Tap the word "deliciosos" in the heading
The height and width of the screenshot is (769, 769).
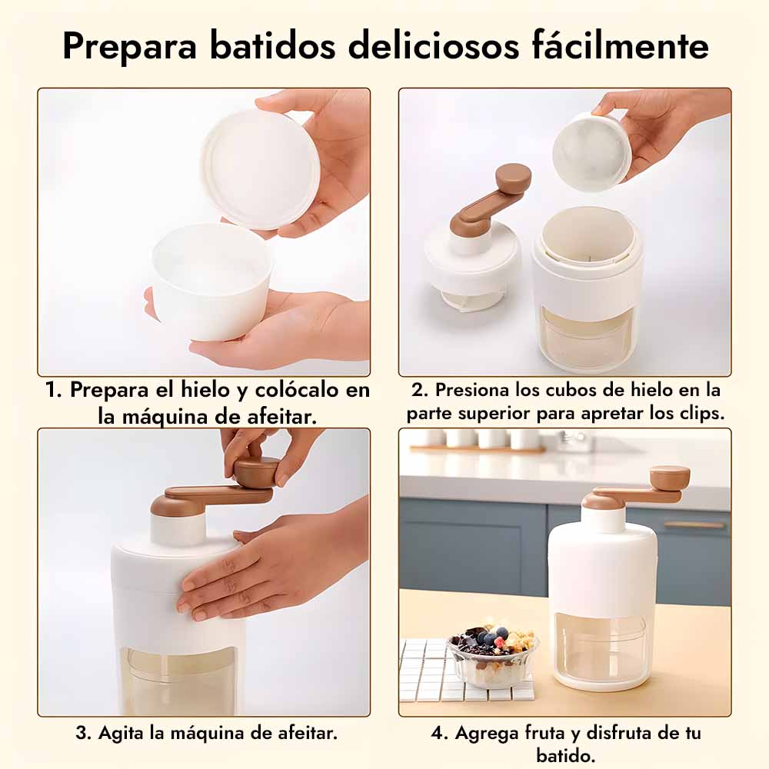point(434,45)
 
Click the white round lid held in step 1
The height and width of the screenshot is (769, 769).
point(261,169)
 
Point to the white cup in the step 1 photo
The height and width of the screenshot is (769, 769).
point(212,281)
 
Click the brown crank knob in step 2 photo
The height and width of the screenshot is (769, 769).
point(513,178)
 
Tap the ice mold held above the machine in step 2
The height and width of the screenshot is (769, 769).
point(592,150)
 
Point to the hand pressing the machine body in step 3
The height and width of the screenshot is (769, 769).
point(275,564)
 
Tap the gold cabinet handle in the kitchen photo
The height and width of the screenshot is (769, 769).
point(694,524)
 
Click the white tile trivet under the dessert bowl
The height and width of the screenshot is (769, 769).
point(466,672)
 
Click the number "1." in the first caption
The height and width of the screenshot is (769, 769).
point(53,390)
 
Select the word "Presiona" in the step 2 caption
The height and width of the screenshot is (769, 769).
point(472,390)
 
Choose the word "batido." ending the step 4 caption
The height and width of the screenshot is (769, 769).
point(565,755)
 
